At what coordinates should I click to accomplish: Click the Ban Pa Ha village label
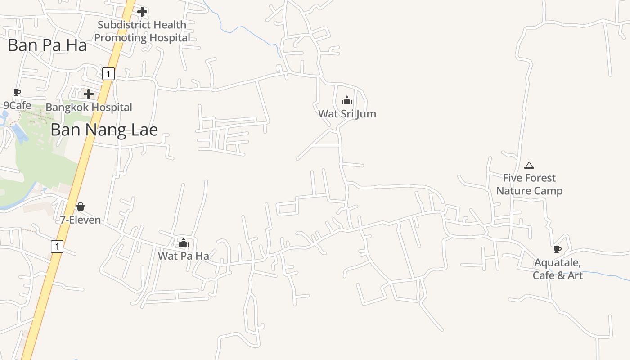coord(47,45)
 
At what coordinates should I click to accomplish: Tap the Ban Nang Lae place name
coord(104,130)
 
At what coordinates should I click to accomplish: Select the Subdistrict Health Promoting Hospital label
coord(142,31)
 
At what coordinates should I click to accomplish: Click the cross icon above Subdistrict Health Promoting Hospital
coord(142,12)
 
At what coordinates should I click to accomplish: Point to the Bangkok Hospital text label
coord(89,108)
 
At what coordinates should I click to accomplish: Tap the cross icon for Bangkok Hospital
coord(89,94)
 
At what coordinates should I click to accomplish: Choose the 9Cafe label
coord(18,106)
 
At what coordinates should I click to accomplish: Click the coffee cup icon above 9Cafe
coord(17,93)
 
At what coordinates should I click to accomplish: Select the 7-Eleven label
coord(81,220)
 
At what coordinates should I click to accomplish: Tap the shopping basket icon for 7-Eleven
coord(81,207)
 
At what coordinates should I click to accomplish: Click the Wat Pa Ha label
coord(183,256)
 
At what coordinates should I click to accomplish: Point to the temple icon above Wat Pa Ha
coord(183,243)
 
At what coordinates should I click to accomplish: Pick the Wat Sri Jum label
coord(347,114)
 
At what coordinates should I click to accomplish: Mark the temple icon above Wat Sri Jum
coord(347,100)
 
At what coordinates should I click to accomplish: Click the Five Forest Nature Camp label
coord(529,184)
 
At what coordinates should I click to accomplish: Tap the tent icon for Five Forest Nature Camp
coord(529,165)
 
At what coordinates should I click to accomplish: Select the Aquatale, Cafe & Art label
coord(558,269)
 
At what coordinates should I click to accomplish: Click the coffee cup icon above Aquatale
coord(558,249)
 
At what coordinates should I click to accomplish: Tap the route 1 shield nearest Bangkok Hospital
coord(108,73)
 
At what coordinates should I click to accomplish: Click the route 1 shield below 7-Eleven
coord(57,246)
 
